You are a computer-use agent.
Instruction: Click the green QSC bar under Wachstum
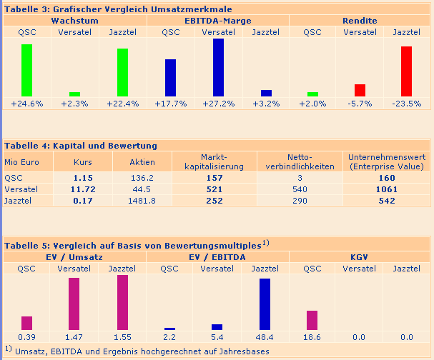tap(26, 70)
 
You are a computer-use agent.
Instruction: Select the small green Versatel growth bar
tap(74, 94)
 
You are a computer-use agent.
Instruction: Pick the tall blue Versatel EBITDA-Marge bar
tap(218, 67)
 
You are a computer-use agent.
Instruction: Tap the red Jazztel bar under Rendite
tap(406, 71)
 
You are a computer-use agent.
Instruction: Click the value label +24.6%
tap(27, 104)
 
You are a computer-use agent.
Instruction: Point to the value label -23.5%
tap(406, 104)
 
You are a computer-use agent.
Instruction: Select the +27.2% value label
tap(218, 104)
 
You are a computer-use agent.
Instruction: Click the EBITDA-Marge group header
tap(218, 21)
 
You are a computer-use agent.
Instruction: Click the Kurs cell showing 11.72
tap(84, 189)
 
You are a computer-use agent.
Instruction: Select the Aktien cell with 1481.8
tap(142, 201)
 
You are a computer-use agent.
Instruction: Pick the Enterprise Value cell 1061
tap(387, 189)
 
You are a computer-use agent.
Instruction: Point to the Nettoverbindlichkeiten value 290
tap(300, 201)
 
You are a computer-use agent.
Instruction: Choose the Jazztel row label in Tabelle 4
tap(19, 201)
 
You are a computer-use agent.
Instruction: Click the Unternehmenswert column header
tap(387, 161)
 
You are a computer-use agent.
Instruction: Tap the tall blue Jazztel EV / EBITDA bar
tap(265, 304)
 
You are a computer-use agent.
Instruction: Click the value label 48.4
tap(265, 337)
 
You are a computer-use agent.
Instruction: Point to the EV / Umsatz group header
tap(74, 256)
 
